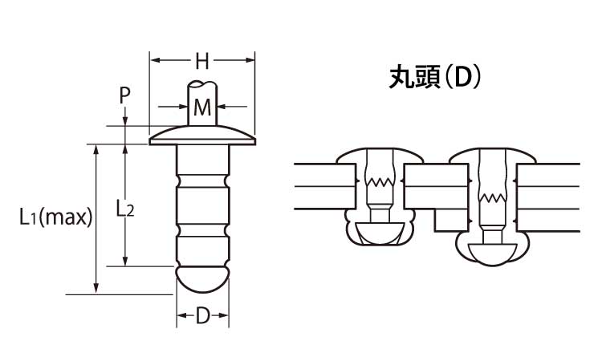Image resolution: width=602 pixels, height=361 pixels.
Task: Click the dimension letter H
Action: point(202,62)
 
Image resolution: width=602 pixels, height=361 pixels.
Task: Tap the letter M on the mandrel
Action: point(202,107)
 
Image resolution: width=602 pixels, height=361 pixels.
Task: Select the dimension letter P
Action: point(124,95)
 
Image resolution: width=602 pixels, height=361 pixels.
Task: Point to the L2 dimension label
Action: point(125,209)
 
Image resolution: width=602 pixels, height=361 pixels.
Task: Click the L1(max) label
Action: point(56,217)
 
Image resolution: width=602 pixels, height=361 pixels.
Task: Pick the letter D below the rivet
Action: point(203,316)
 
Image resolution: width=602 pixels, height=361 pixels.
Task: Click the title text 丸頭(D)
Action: point(434,78)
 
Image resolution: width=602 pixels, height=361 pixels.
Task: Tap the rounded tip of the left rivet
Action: point(202,281)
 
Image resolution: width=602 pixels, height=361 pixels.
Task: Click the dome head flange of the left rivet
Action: point(202,136)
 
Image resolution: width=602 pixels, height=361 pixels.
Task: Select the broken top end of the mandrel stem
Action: point(202,83)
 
